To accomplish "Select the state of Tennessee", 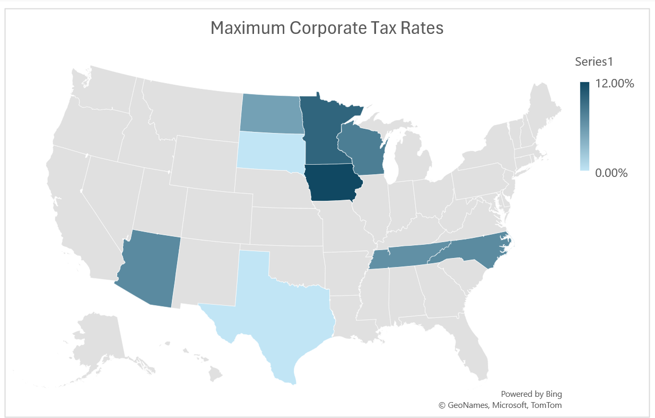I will pyautogui.click(x=408, y=257).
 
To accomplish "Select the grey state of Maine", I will pyautogui.click(x=546, y=106).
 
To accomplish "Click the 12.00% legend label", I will pyautogui.click(x=615, y=84).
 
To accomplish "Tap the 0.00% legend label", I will pyautogui.click(x=612, y=173).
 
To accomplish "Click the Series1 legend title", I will pyautogui.click(x=594, y=61).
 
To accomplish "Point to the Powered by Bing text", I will pyautogui.click(x=531, y=394).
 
